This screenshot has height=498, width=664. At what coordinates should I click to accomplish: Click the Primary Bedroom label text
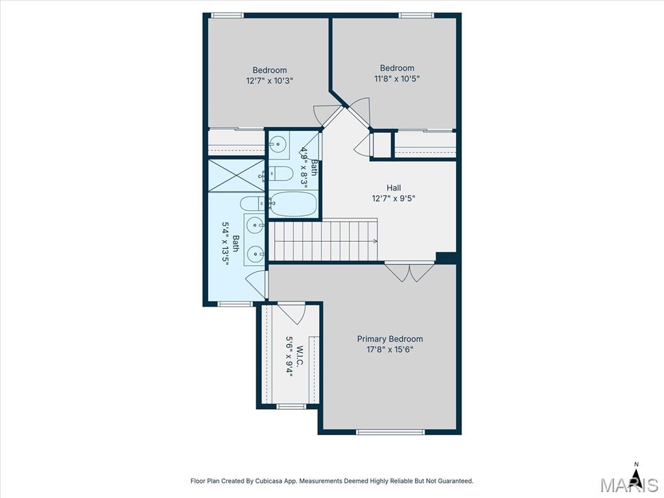(x=390, y=338)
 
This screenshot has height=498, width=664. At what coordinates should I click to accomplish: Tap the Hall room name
(x=394, y=187)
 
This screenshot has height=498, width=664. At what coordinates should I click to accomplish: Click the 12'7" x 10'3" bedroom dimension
(x=270, y=80)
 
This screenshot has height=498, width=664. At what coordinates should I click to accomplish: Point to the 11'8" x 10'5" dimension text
(x=397, y=78)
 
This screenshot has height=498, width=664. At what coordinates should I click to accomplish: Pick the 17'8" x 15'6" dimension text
(x=390, y=350)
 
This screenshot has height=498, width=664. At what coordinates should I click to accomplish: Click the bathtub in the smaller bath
(x=293, y=204)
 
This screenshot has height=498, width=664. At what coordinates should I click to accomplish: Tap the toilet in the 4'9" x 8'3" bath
(x=281, y=174)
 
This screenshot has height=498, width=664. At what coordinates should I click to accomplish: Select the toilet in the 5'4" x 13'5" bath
(x=252, y=204)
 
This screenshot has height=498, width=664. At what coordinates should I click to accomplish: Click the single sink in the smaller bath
(x=278, y=144)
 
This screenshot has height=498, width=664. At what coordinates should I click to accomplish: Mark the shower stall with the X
(x=236, y=175)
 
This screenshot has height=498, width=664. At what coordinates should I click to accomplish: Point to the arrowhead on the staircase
(x=375, y=241)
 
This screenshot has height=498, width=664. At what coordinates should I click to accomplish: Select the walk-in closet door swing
(x=292, y=313)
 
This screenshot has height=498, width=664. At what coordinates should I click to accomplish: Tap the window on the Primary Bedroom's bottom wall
(x=390, y=432)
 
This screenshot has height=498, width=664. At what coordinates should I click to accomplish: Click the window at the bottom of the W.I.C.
(x=291, y=407)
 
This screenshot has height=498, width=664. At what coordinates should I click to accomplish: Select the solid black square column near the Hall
(x=446, y=258)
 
